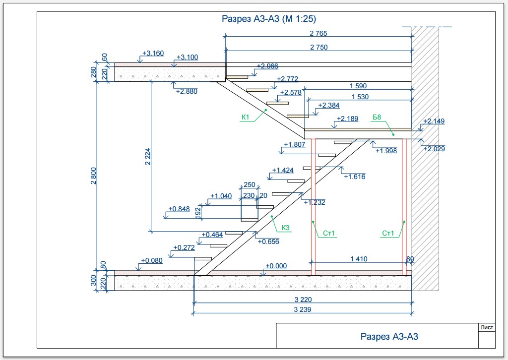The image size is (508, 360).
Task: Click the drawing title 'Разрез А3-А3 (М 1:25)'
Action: [x=268, y=19]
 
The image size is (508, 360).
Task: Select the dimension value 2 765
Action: [x=318, y=34]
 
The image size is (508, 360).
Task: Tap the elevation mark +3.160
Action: [x=153, y=53]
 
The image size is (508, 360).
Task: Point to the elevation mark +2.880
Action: [x=187, y=91]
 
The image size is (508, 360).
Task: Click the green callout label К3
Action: [x=285, y=228]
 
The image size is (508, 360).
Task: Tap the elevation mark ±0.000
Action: [x=276, y=266]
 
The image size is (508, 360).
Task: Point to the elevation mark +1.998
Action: [x=386, y=151]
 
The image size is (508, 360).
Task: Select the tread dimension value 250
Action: [x=250, y=185]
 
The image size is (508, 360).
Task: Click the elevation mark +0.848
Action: [x=179, y=209]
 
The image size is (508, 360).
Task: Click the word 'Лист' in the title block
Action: [x=487, y=327]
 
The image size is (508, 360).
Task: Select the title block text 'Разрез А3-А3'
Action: [x=389, y=337]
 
